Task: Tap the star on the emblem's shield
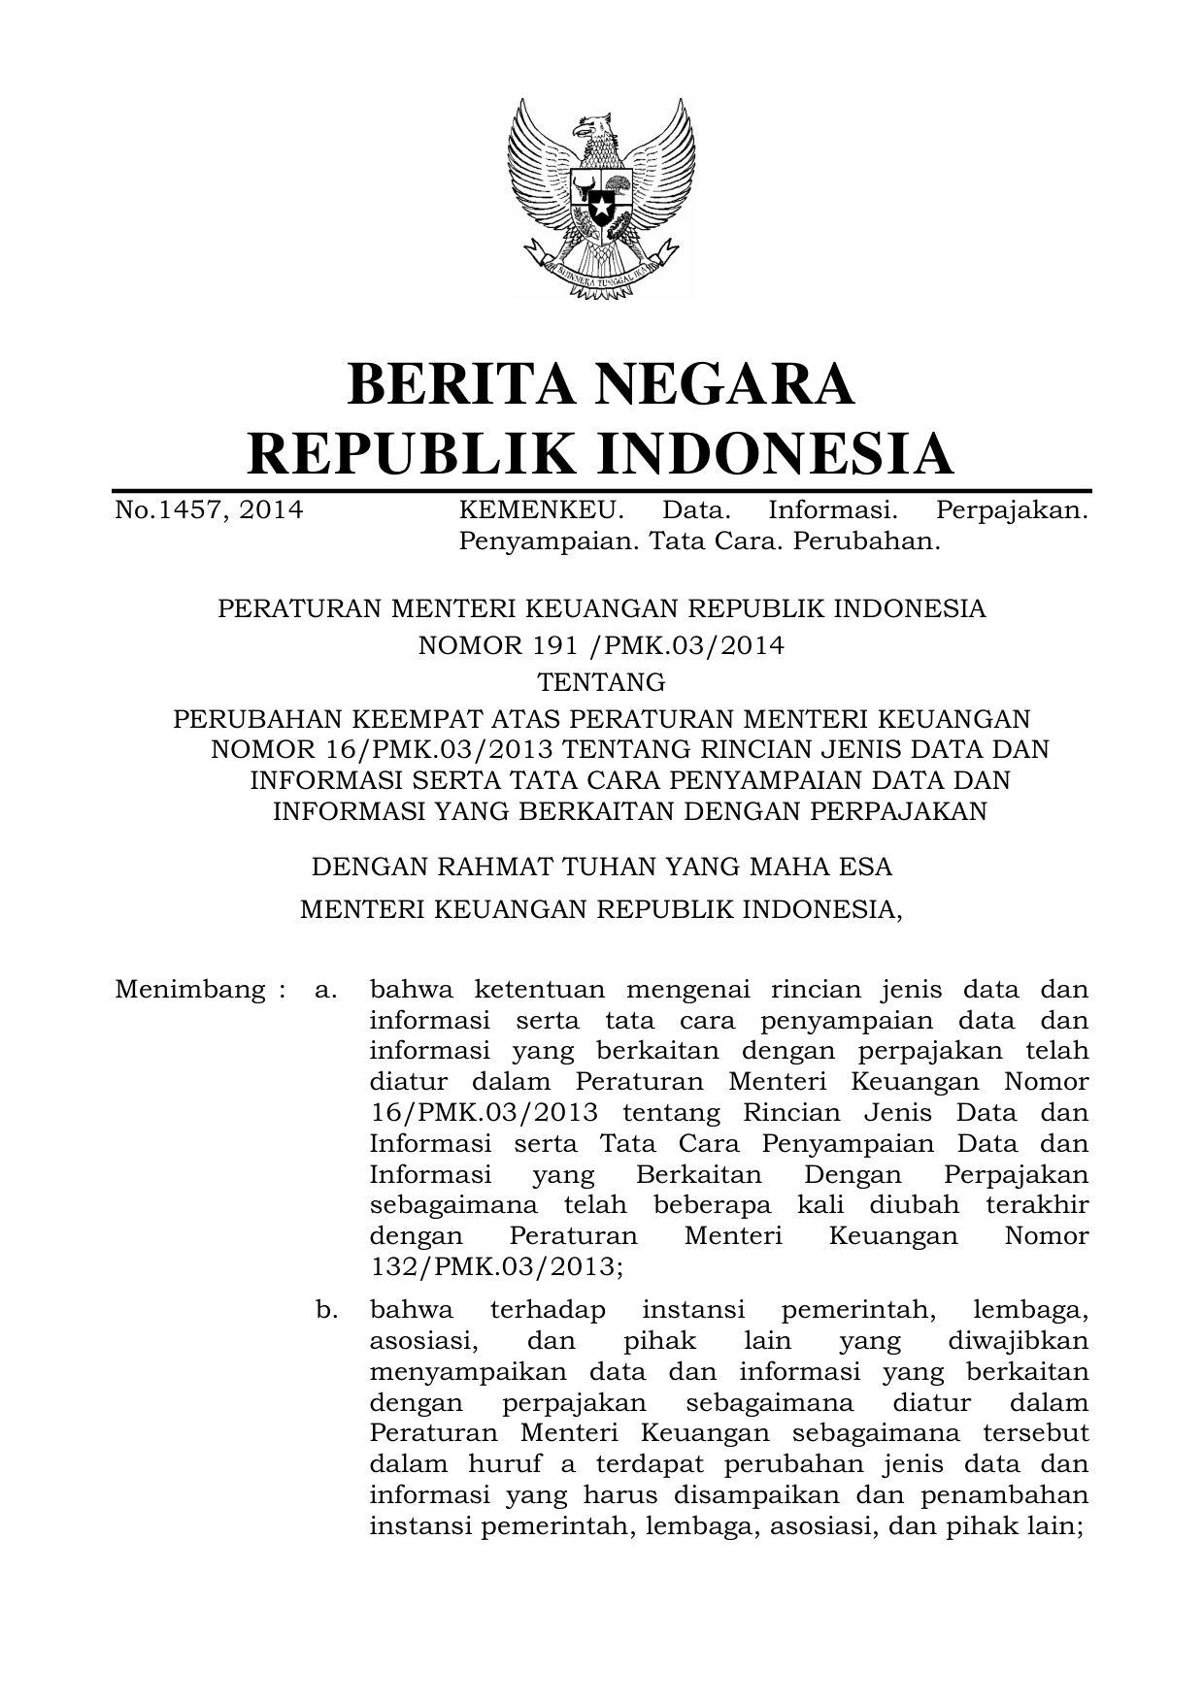coord(601,206)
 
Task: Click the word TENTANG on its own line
coord(602,682)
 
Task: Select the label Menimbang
coord(189,990)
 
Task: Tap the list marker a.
coord(326,990)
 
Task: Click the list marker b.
coord(326,1310)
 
